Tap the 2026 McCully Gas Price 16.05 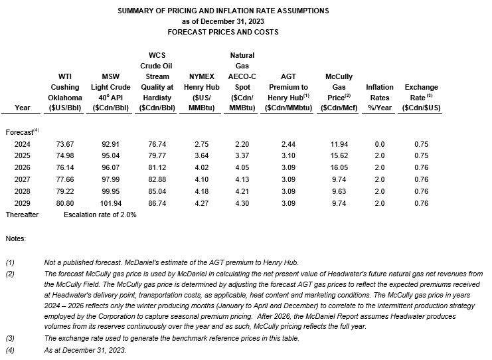(x=339, y=167)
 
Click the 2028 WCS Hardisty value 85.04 (x=157, y=191)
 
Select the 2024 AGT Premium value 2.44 (x=286, y=143)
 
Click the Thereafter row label (x=22, y=215)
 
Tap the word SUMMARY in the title (x=136, y=11)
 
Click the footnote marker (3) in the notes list (x=9, y=339)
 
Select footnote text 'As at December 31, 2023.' (x=84, y=349)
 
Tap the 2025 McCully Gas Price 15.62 (x=339, y=155)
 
